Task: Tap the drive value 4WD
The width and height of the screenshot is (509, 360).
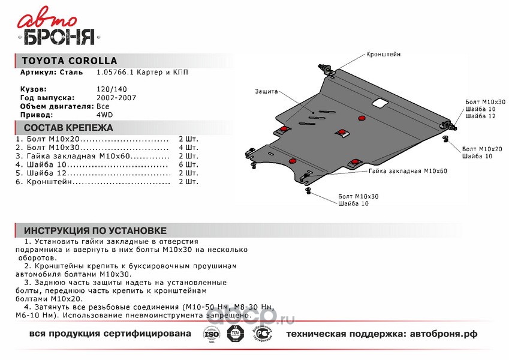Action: click(104, 114)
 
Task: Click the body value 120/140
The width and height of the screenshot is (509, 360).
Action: click(108, 89)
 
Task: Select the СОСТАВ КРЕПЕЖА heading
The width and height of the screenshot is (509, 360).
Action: click(68, 128)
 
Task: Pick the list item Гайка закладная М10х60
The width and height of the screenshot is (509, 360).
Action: click(83, 155)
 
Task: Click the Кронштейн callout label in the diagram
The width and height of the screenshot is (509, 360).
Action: click(384, 54)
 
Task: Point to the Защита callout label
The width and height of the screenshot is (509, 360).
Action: click(266, 91)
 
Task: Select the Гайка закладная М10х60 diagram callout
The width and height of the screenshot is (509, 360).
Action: click(408, 171)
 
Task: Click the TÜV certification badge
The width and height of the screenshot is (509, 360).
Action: click(236, 334)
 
